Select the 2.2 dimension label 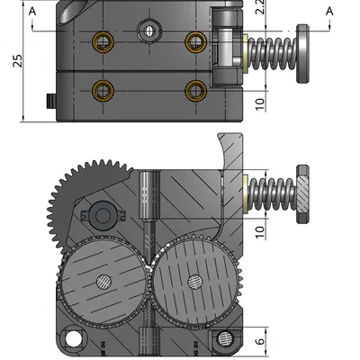pyautogui.click(x=259, y=11)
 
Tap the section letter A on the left pyautogui.click(x=32, y=10)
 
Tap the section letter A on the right pyautogui.click(x=328, y=10)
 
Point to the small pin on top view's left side pyautogui.click(x=48, y=100)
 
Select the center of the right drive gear pyautogui.click(x=193, y=281)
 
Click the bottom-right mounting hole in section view pyautogui.click(x=222, y=338)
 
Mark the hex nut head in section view pyautogui.click(x=302, y=192)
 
